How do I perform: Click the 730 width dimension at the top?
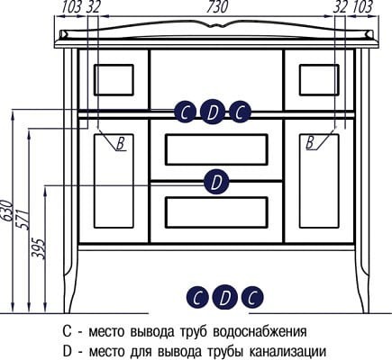(x=217, y=6)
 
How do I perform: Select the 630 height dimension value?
(x=7, y=211)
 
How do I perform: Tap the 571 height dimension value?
(x=23, y=219)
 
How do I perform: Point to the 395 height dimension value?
(x=39, y=248)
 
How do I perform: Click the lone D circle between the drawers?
(x=216, y=182)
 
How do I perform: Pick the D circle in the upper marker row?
(x=213, y=112)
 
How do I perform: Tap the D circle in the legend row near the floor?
(x=225, y=297)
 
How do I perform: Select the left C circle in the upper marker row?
(x=185, y=112)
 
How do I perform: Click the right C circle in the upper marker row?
(x=240, y=112)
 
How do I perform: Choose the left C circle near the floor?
(x=197, y=297)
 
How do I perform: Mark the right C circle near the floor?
(x=252, y=297)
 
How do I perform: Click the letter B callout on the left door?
(x=121, y=143)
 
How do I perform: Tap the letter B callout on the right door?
(x=310, y=142)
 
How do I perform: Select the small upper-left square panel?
(x=114, y=80)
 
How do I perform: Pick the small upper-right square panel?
(x=319, y=80)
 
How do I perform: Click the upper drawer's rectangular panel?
(x=216, y=149)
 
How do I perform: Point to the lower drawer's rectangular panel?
(x=216, y=212)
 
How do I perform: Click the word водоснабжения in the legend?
(x=260, y=332)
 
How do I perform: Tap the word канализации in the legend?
(x=288, y=350)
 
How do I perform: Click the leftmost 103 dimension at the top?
(x=71, y=6)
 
